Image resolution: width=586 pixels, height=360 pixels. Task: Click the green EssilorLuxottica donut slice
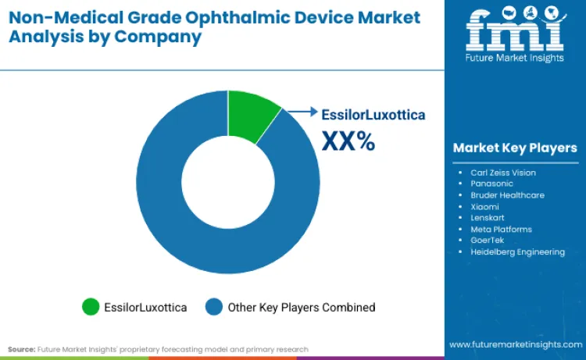tap(252, 115)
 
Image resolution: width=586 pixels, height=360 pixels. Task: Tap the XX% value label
tap(348, 141)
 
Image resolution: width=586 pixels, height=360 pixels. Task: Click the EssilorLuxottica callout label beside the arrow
tap(373, 115)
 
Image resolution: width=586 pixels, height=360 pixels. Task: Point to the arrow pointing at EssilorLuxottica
tap(303, 112)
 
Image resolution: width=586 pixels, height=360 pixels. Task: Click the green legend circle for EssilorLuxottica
tap(91, 307)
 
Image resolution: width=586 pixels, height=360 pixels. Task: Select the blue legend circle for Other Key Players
tap(214, 307)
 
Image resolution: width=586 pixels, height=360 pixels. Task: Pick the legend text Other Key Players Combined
tap(301, 307)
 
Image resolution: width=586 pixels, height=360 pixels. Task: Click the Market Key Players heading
tap(515, 148)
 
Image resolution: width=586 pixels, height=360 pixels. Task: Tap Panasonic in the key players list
tap(492, 184)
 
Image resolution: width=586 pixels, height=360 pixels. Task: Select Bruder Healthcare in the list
tap(507, 194)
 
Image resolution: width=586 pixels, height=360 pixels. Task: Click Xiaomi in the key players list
tap(485, 206)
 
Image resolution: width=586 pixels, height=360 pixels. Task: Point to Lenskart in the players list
tap(488, 218)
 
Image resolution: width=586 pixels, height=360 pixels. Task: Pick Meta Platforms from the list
tap(501, 229)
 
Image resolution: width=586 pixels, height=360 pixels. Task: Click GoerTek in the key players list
tap(488, 241)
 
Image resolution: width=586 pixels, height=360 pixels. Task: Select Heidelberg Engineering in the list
tap(517, 251)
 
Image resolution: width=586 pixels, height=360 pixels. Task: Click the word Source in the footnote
tap(22, 348)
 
